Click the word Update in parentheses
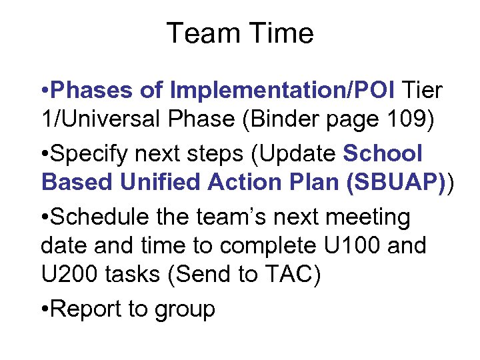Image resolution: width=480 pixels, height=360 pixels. (300, 154)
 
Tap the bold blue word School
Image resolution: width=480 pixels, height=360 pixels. (383, 154)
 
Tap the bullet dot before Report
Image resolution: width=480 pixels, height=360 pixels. (45, 309)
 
